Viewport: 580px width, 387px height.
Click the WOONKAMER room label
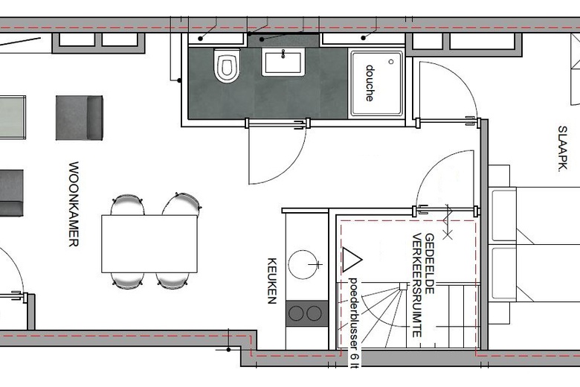74,204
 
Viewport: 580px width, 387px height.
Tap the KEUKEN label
272,281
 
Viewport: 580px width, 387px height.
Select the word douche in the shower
370,83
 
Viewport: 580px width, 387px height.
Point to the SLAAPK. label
562,149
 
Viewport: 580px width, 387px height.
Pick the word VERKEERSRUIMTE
417,285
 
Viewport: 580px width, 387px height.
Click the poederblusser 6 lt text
354,322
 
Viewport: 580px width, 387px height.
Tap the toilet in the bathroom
227,65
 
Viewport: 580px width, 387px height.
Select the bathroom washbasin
283,62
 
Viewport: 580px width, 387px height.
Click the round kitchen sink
303,264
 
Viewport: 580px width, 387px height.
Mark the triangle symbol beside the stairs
351,260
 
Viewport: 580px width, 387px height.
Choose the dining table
149,243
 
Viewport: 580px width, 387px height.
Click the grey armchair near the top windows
79,118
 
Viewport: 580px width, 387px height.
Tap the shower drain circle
391,62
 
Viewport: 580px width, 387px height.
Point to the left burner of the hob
296,313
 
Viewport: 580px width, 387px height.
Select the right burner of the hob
314,313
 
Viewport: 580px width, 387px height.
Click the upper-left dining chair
127,205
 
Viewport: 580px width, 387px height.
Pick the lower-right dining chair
173,281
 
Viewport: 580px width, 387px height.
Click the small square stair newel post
404,286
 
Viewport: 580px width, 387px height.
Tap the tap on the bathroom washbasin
283,54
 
